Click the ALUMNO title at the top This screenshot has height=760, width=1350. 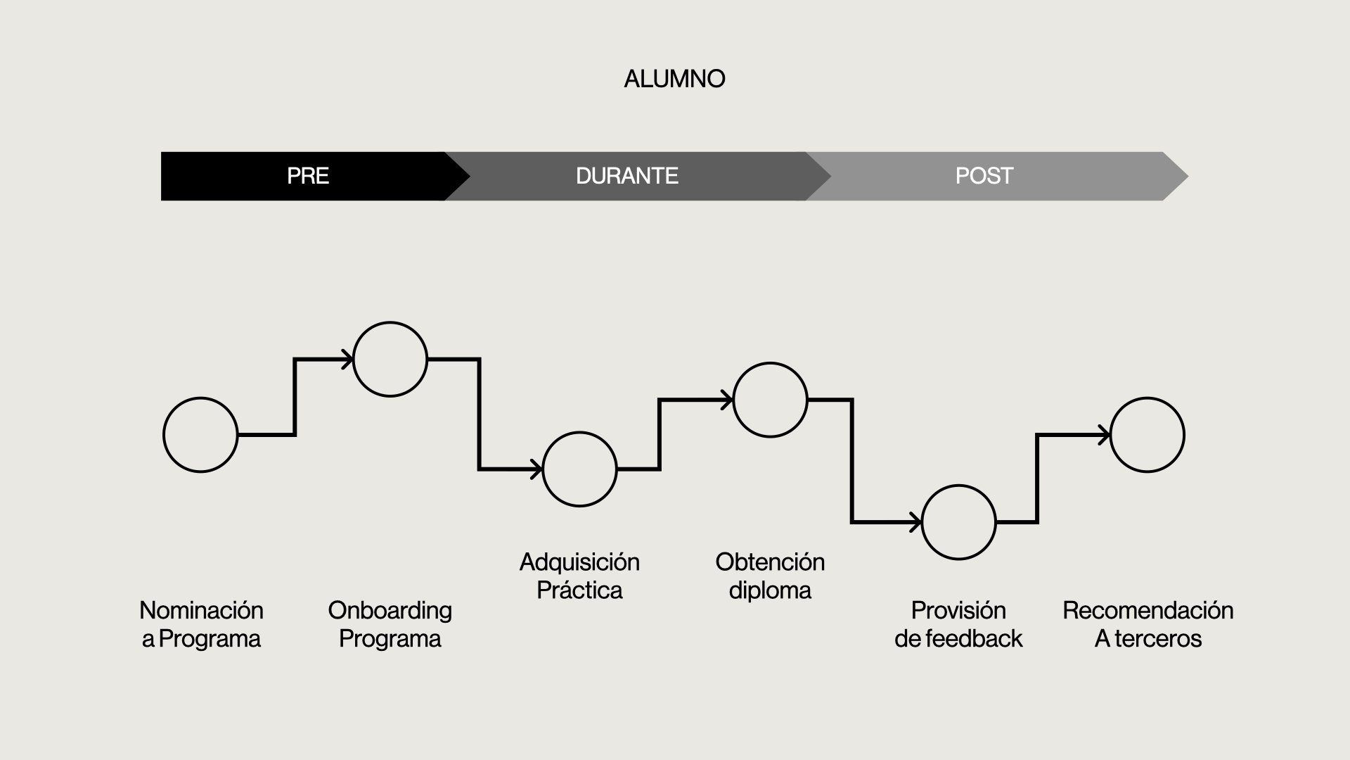(674, 79)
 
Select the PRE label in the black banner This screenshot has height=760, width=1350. (308, 176)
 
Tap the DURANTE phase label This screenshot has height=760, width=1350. (626, 176)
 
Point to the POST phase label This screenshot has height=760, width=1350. (984, 176)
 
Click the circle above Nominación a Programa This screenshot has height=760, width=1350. (200, 435)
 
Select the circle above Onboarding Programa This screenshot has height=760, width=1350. (390, 359)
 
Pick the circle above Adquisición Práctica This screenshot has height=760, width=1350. (580, 469)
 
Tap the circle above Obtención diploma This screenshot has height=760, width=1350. (770, 400)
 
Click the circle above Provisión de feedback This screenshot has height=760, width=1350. (958, 522)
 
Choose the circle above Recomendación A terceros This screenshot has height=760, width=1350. (1147, 435)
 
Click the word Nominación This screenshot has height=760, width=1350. (201, 610)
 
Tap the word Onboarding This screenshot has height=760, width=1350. (390, 610)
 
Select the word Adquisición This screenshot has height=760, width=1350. (579, 562)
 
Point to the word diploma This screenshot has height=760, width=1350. (770, 590)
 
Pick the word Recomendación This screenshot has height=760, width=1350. (1147, 610)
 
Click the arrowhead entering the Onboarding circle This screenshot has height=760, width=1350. (347, 359)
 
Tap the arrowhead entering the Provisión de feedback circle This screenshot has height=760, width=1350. (915, 522)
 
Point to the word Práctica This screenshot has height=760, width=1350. (579, 590)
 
